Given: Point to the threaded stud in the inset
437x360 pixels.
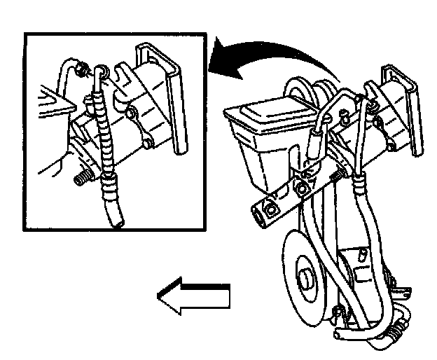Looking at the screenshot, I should pyautogui.click(x=82, y=177).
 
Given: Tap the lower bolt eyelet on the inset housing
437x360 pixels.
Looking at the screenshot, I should pyautogui.click(x=131, y=113).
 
